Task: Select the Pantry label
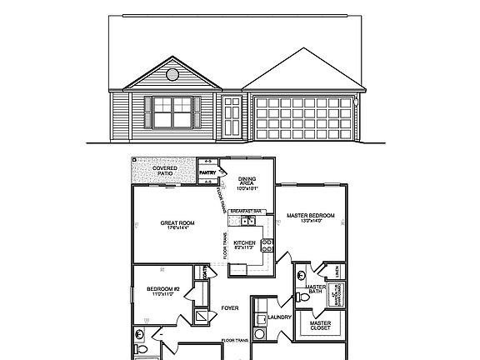pyautogui.click(x=207, y=173)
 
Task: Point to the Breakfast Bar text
pyautogui.click(x=247, y=212)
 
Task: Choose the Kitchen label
pyautogui.click(x=244, y=243)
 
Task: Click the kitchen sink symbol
pyautogui.click(x=246, y=222)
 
